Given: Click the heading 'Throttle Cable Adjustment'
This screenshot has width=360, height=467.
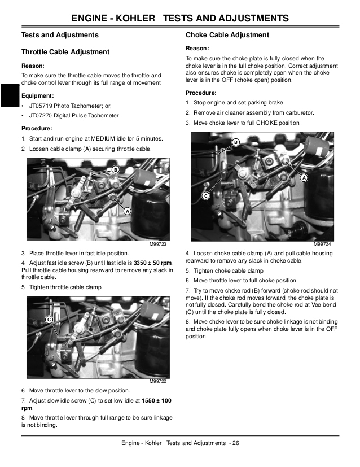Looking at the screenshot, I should [65, 52].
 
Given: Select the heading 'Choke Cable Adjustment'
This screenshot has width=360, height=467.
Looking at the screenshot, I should [227, 35].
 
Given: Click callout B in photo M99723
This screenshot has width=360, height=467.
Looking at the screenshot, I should [115, 170].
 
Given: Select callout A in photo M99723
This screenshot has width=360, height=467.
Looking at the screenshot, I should [127, 211].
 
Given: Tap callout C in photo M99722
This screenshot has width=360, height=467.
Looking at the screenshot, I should [49, 320].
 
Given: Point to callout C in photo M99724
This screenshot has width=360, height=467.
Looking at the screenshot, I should [205, 196].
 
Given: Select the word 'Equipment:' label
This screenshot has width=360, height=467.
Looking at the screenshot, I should [38, 95].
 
